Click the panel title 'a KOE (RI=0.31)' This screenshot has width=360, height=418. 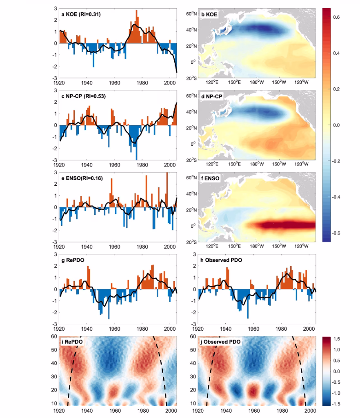coord(81,14)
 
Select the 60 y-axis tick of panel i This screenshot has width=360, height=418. coord(54,336)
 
